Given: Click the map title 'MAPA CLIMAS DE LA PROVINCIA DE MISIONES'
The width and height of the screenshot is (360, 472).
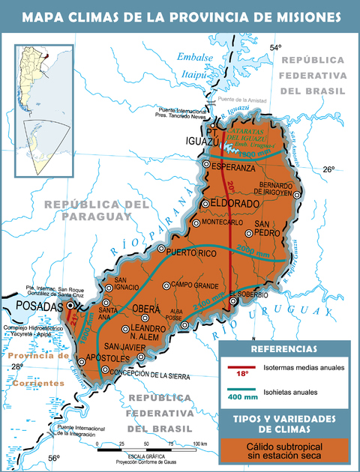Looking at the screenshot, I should coord(180,16).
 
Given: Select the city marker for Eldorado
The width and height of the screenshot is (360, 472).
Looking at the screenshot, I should coord(205,204).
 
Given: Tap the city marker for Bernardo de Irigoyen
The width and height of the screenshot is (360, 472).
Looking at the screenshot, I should coord(298,194).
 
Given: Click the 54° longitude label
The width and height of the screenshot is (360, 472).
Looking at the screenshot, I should coord(275,49).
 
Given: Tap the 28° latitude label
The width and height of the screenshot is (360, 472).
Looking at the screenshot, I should coord(16,366).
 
